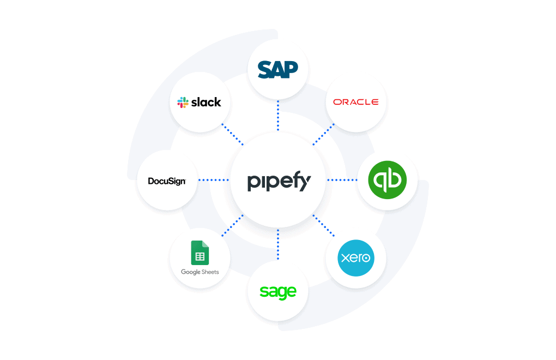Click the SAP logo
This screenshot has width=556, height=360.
point(278,69)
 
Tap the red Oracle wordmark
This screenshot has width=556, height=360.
point(355,102)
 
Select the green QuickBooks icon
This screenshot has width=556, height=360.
point(387,180)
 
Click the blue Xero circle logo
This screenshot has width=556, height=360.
point(355,257)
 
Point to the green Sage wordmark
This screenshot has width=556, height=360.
point(278,291)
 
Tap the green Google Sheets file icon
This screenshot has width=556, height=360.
point(200,253)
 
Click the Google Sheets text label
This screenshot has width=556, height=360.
point(200,272)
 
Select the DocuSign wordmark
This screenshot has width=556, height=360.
point(167,181)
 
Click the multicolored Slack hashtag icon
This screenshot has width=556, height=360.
point(183,102)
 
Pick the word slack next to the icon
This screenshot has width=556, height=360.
point(206,102)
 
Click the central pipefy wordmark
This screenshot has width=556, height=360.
point(278,181)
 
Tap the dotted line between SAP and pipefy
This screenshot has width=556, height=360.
point(278,116)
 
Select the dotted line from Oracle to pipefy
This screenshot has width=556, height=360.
point(324,134)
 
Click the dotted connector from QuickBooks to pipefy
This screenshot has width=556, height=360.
point(342,180)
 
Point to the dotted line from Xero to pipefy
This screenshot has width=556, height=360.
point(324,226)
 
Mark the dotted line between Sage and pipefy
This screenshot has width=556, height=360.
point(278,244)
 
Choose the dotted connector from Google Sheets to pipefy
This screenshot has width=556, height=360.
point(232,226)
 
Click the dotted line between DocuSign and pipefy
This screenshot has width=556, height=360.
point(214,180)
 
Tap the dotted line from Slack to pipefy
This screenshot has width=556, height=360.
point(232,134)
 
